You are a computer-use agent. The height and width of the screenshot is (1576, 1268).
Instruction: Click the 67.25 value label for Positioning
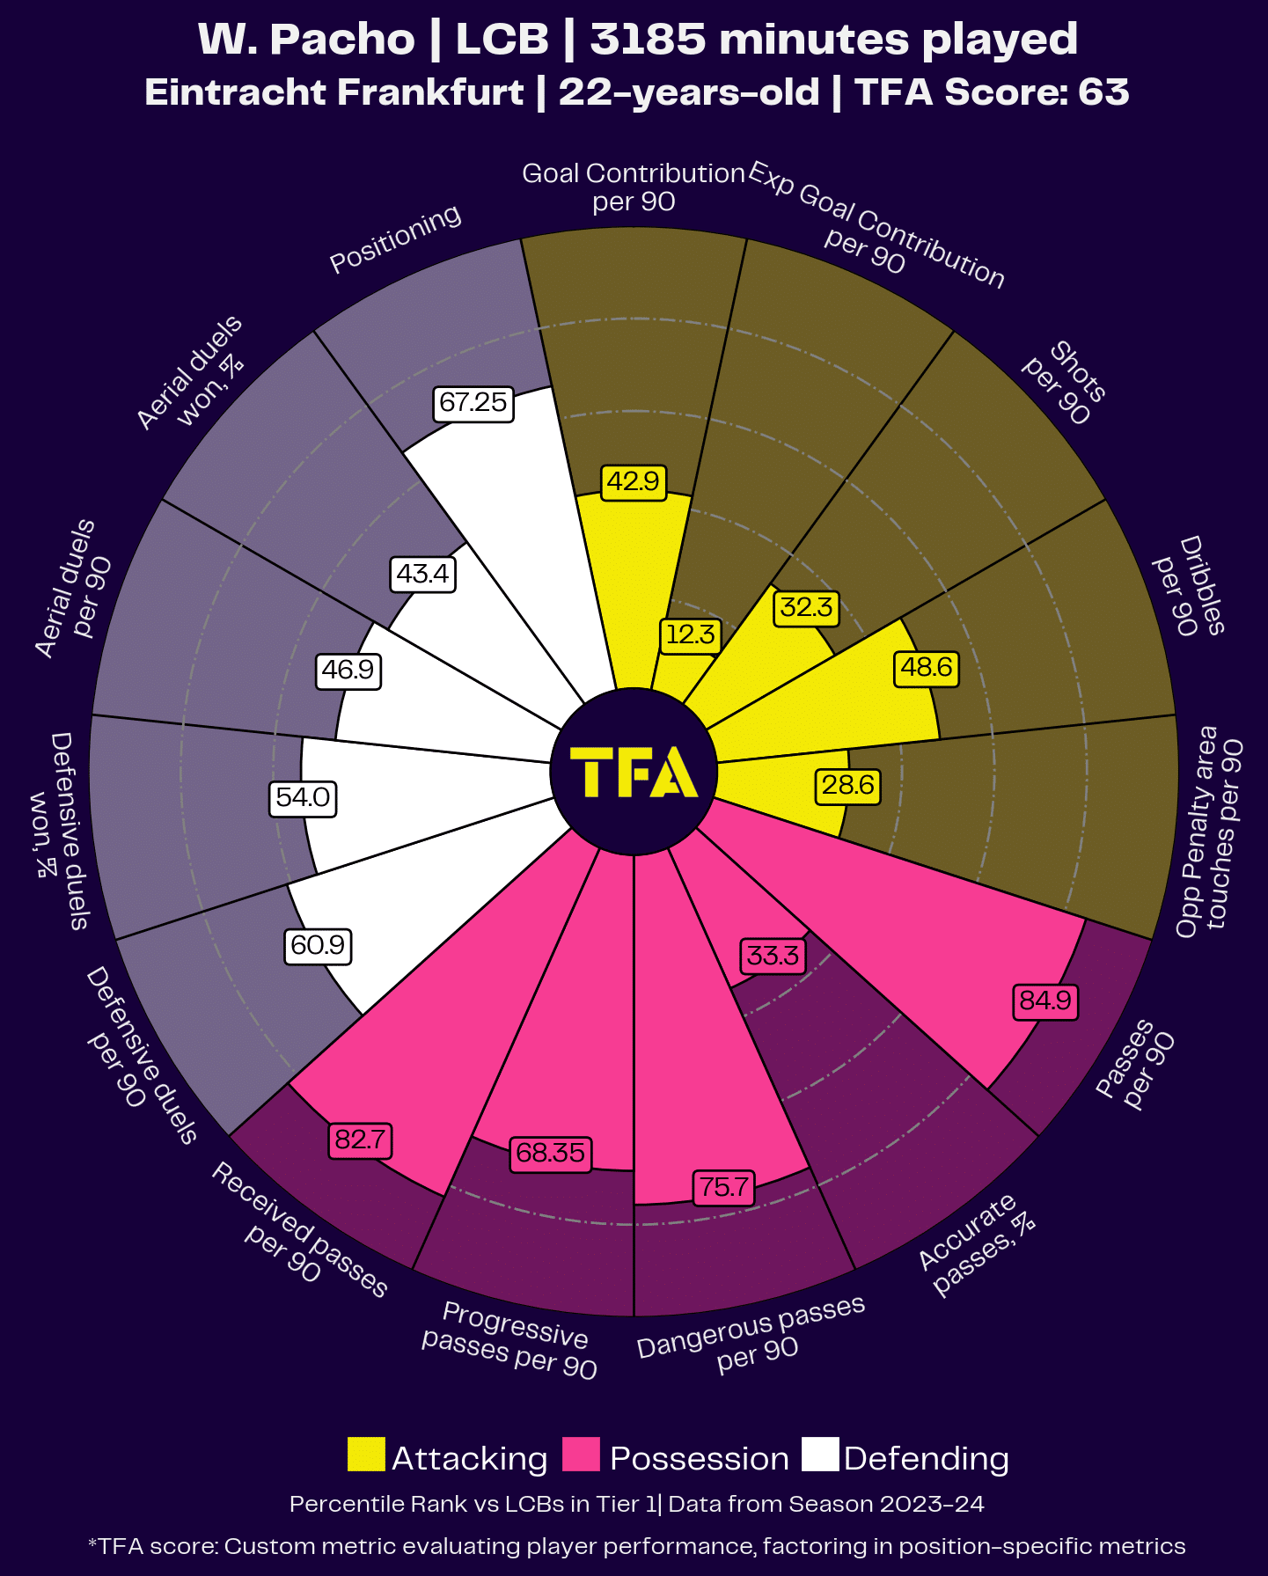[473, 403]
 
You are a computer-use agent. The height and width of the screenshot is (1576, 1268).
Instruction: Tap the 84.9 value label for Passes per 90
[1045, 1001]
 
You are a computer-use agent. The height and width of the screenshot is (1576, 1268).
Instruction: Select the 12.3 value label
[690, 634]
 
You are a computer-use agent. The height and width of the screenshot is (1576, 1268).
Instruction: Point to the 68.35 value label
[551, 1153]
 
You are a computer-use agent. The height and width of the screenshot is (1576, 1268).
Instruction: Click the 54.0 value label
[303, 798]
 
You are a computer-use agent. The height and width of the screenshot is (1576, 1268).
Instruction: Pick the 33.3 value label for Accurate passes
[773, 956]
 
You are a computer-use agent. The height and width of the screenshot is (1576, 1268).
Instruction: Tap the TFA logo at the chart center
[634, 772]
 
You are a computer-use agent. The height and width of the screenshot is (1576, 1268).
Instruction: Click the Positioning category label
[395, 238]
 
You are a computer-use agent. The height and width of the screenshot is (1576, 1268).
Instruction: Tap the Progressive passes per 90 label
[510, 1339]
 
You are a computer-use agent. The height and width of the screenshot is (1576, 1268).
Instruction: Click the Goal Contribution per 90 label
[634, 187]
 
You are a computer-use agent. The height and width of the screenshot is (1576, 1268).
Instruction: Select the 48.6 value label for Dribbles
[926, 668]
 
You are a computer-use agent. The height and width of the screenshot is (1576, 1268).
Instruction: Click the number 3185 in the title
[648, 40]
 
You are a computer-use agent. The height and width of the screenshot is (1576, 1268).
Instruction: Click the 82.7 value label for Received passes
[360, 1140]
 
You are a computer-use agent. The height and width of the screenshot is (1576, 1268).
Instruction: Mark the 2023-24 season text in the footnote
[931, 1504]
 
